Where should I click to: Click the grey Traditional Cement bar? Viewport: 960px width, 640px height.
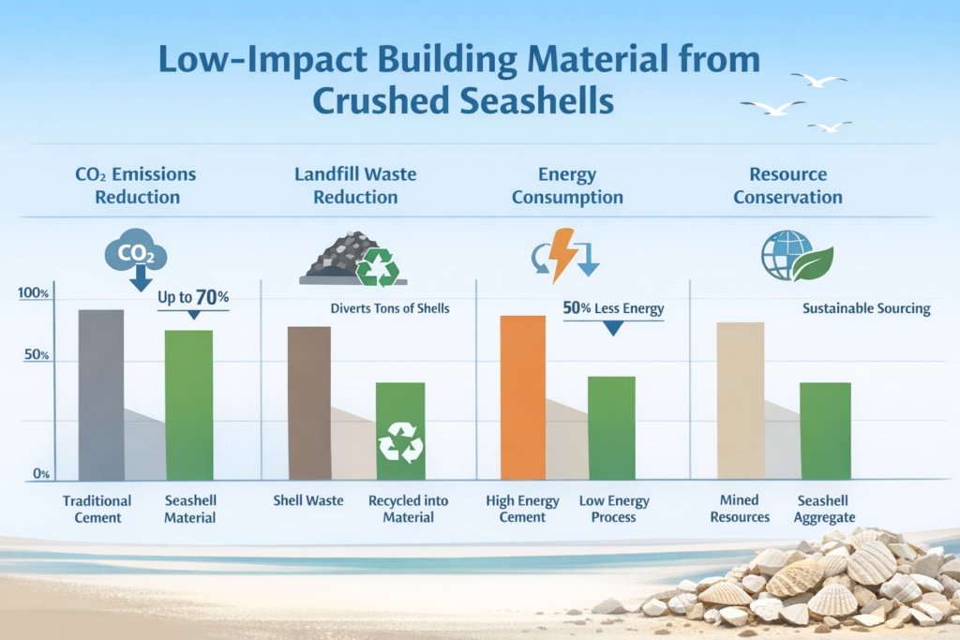[101, 394]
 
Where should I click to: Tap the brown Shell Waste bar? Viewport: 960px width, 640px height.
[308, 403]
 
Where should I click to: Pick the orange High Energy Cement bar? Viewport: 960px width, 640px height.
[523, 397]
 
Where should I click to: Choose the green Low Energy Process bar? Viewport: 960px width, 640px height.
[611, 427]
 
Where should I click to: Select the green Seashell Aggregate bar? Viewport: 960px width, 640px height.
[826, 430]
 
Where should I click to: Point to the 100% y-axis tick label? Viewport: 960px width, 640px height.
[33, 294]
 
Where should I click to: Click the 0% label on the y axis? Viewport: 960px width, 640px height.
[41, 474]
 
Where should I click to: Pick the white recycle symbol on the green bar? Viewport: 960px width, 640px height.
[400, 442]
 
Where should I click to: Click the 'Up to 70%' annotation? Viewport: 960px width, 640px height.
[193, 297]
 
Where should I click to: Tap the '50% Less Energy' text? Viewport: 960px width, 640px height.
[613, 309]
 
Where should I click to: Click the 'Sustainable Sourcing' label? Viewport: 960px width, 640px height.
[866, 309]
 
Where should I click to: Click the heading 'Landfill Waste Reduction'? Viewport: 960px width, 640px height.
[355, 186]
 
